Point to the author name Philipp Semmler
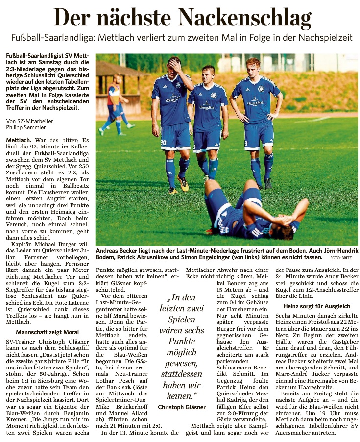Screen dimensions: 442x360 [24, 128]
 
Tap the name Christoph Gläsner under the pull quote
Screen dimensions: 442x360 [181, 407]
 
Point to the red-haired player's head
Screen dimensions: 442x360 [253, 65]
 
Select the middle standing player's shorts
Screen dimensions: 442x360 [208, 140]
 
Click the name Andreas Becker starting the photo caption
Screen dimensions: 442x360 [117, 249]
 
